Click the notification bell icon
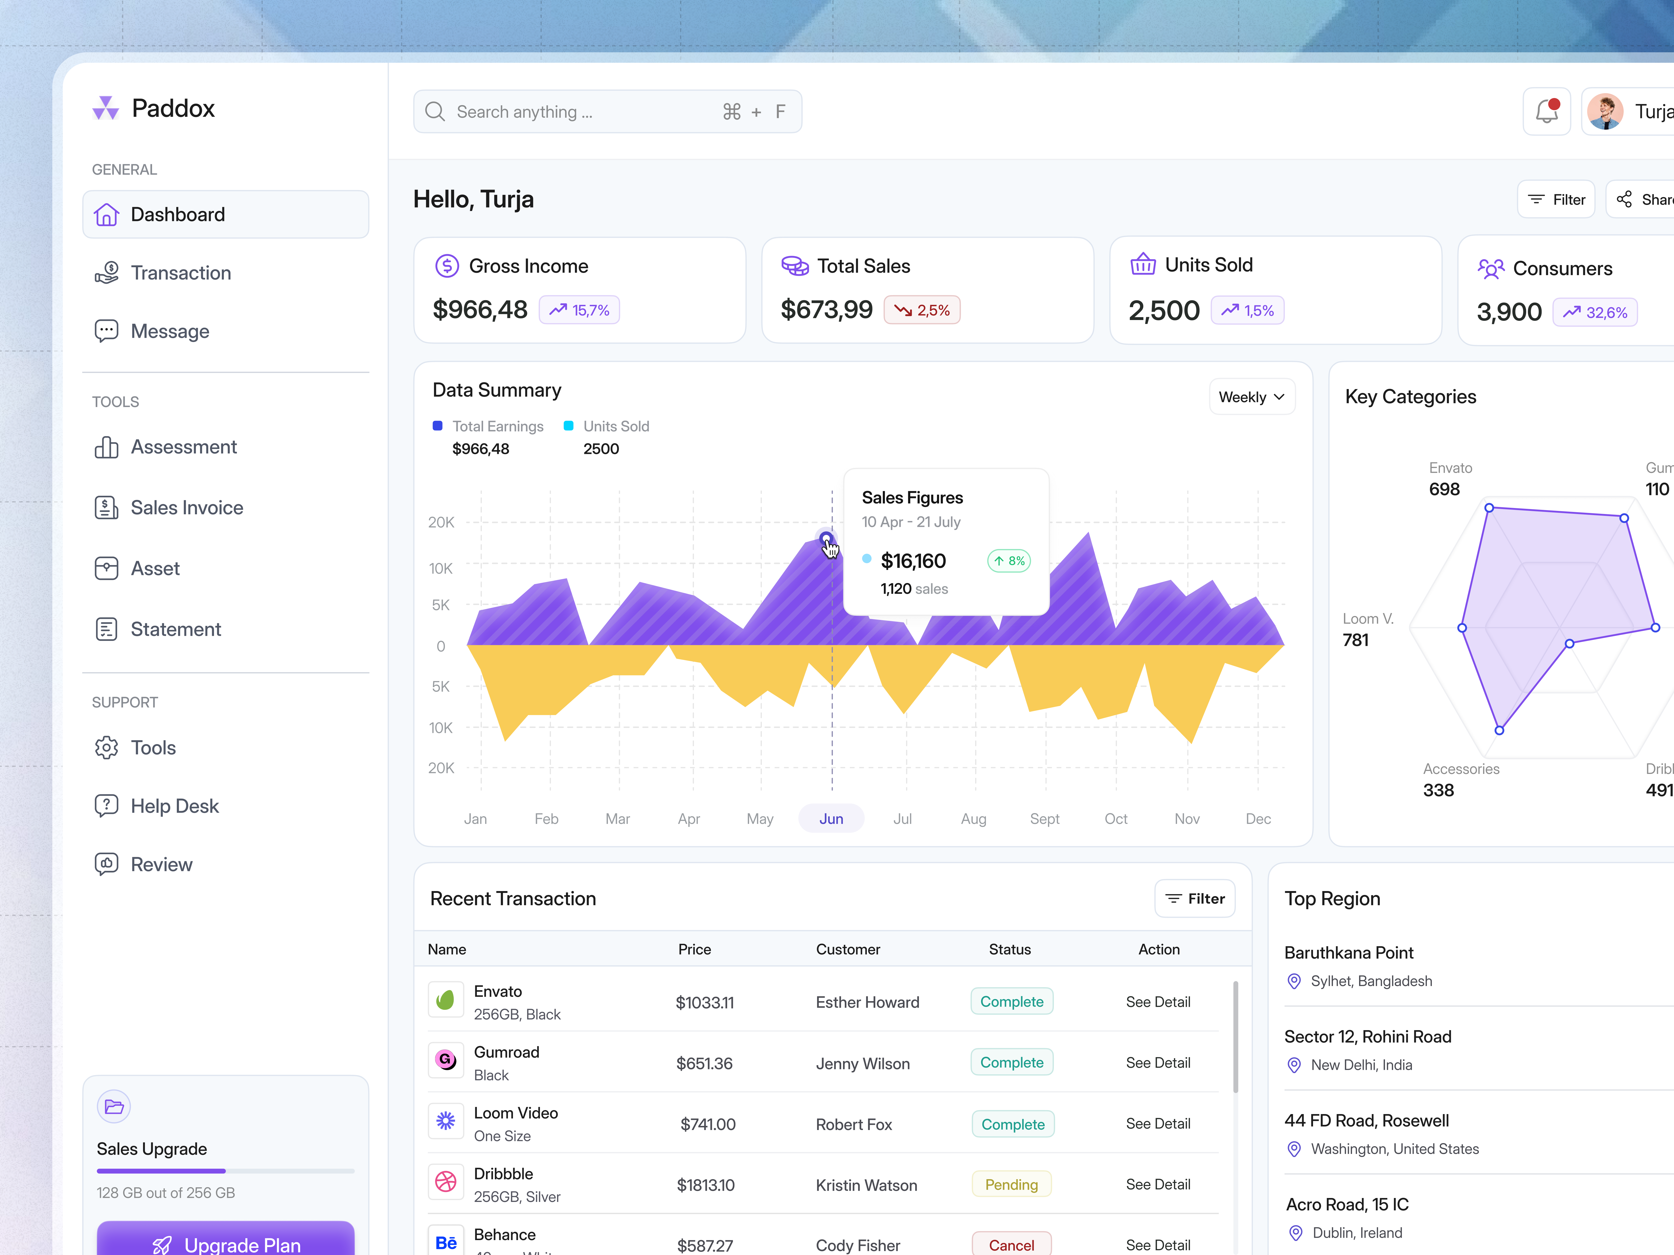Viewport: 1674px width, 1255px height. click(x=1546, y=112)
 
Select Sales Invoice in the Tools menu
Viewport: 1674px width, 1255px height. click(x=186, y=507)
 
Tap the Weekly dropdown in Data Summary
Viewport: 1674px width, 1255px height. click(x=1252, y=397)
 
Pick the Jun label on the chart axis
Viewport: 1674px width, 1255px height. click(x=831, y=819)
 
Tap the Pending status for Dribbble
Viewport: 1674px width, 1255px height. click(x=1011, y=1185)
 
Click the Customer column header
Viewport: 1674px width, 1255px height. click(x=848, y=949)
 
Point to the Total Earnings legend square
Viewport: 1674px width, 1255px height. click(x=437, y=426)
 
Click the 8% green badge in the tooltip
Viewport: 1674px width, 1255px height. click(x=1009, y=561)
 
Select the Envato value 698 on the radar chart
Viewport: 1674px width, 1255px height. click(x=1444, y=489)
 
